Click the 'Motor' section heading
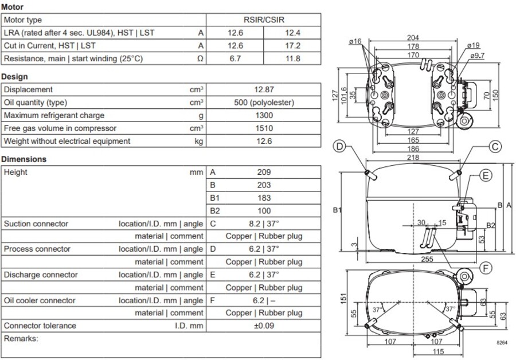13,7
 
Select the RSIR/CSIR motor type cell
264,20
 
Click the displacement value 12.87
264,89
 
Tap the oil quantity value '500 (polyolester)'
264,103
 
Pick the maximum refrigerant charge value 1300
264,115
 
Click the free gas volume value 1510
264,128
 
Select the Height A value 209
264,172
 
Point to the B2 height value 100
264,211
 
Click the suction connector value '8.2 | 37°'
264,224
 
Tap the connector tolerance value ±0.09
264,326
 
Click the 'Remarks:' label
21,339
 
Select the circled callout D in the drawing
340,147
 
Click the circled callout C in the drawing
495,147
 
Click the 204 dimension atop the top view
413,38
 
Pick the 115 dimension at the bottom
437,351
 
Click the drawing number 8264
502,342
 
